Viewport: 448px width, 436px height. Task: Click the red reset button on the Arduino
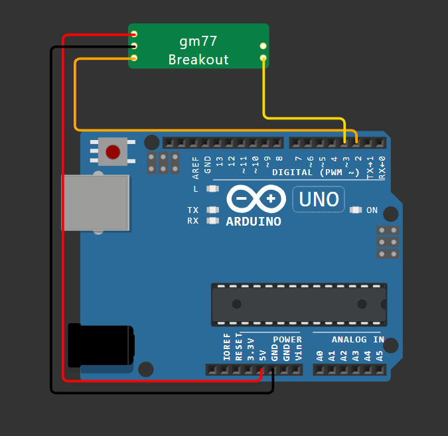(x=113, y=152)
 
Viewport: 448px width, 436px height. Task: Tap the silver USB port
(x=96, y=202)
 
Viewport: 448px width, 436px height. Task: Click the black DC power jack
(x=100, y=344)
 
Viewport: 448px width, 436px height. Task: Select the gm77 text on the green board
(x=198, y=40)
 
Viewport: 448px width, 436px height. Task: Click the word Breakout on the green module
(x=198, y=60)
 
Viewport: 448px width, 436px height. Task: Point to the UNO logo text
(x=319, y=198)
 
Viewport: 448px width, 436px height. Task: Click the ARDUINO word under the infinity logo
(x=253, y=221)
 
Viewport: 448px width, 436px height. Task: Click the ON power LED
(x=356, y=210)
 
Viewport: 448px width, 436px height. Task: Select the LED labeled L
(x=213, y=189)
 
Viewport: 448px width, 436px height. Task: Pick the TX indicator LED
(x=213, y=210)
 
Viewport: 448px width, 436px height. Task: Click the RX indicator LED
(x=213, y=220)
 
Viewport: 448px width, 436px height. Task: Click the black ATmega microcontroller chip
(x=299, y=305)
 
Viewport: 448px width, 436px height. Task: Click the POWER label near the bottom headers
(x=287, y=340)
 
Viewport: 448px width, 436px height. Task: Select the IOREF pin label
(x=227, y=347)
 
